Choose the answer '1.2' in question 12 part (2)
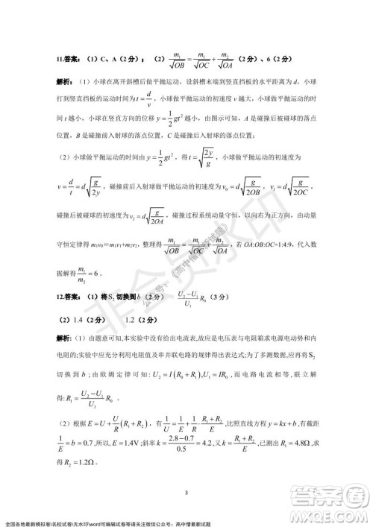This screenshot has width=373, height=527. point(130,320)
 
